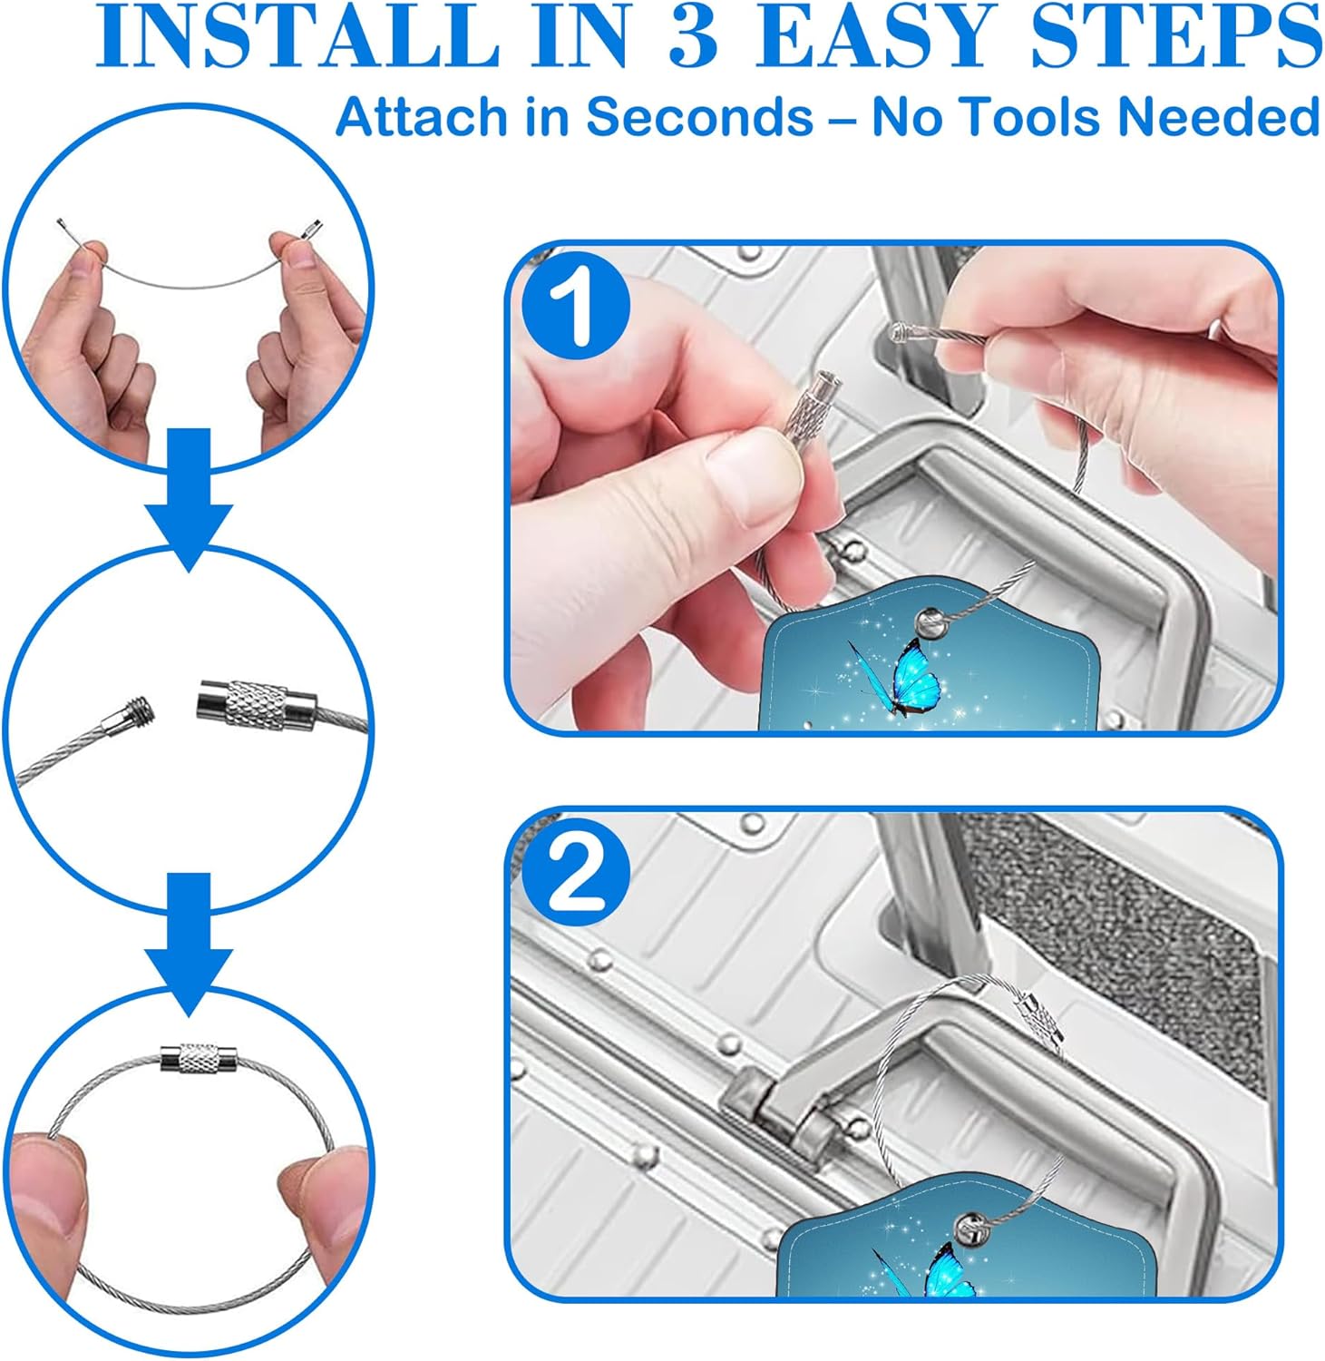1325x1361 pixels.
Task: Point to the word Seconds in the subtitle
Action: tap(699, 117)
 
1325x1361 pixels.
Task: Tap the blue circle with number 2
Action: tap(577, 876)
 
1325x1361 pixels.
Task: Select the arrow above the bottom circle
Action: tap(190, 944)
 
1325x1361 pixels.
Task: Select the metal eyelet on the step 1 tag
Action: tap(931, 622)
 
